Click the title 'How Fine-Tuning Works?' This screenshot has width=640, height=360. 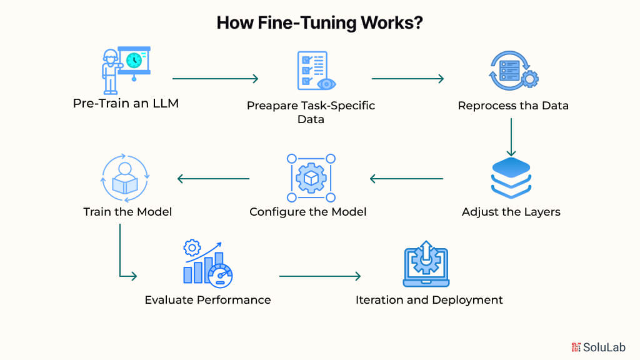click(319, 22)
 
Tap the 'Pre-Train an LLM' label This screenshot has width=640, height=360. click(126, 103)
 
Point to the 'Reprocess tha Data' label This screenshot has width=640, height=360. click(513, 106)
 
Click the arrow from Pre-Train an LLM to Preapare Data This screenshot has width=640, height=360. click(215, 79)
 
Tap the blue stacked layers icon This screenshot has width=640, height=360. click(511, 177)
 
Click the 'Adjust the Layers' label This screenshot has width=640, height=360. click(511, 212)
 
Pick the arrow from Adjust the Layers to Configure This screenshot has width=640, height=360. click(406, 179)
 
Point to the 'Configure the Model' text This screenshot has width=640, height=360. click(307, 212)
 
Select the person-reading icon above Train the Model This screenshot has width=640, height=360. click(126, 177)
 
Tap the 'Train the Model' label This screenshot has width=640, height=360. click(127, 212)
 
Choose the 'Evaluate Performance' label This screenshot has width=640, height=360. click(207, 300)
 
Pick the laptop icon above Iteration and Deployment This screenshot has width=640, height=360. click(426, 263)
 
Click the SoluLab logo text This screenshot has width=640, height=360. click(603, 347)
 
